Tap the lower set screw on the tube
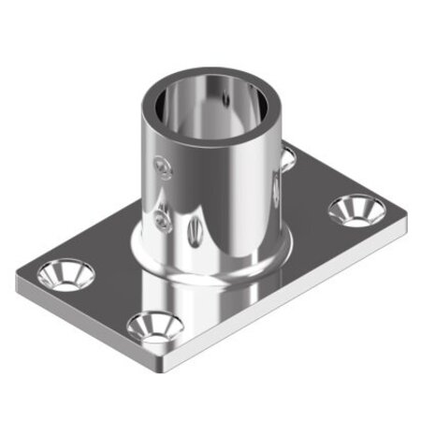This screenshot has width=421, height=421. (x=163, y=222)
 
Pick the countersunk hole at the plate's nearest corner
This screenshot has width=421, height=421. (x=153, y=327)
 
